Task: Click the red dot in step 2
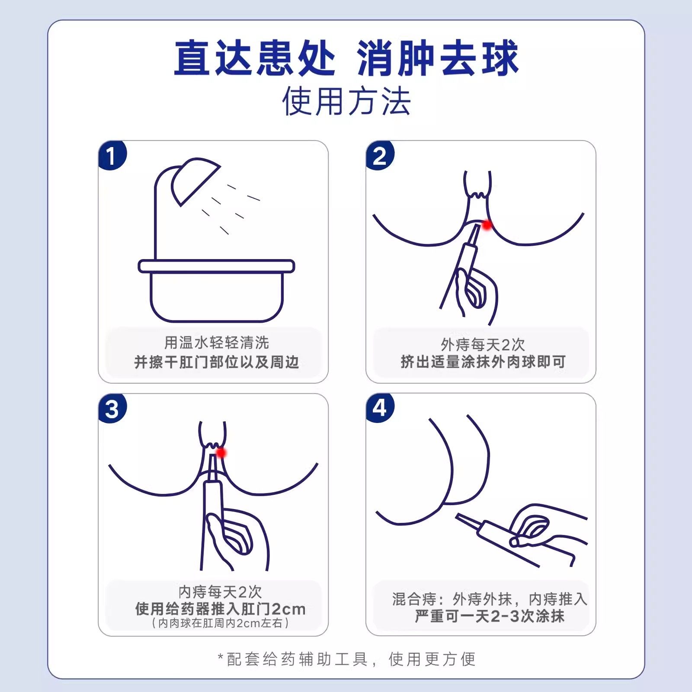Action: point(487,225)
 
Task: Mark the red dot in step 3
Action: point(221,452)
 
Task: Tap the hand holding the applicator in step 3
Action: point(236,536)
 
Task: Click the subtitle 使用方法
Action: point(346,101)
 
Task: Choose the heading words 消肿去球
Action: point(437,58)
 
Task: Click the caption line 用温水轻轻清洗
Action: point(216,343)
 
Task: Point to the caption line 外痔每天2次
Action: point(483,344)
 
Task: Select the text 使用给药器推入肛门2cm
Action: point(220,609)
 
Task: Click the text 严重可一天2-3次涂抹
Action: point(489,616)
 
